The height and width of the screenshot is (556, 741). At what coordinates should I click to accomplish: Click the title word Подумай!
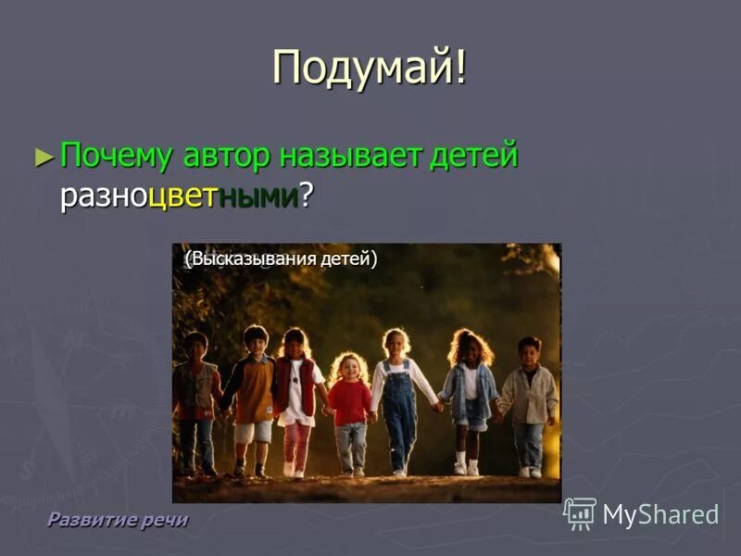click(x=370, y=69)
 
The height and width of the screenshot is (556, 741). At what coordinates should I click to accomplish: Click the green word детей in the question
click(x=473, y=157)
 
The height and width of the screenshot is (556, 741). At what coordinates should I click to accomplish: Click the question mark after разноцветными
click(x=305, y=196)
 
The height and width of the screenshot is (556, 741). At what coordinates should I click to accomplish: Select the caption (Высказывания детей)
click(x=281, y=259)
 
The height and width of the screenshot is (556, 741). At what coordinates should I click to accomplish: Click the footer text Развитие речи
click(x=117, y=520)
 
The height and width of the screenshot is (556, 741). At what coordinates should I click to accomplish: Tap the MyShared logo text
click(x=660, y=515)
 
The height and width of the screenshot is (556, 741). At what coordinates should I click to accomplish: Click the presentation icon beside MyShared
click(x=580, y=513)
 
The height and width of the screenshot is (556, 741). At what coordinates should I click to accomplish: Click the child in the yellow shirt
click(x=252, y=389)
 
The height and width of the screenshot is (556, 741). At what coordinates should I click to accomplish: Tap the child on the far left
click(x=195, y=398)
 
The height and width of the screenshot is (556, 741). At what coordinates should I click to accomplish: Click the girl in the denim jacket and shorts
click(x=470, y=394)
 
